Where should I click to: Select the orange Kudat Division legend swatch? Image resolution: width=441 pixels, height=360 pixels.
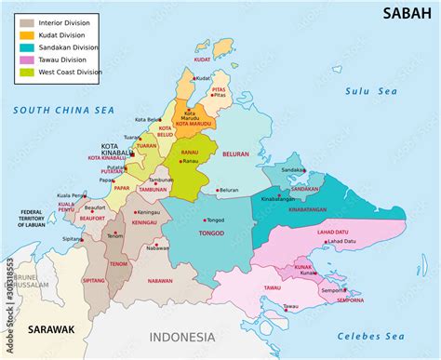coord(27,34)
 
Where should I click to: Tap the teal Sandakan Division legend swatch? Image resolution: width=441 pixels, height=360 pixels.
coord(27,47)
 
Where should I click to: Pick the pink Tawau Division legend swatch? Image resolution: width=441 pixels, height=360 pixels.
coord(27,60)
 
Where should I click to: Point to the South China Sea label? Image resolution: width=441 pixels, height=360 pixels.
coord(63,111)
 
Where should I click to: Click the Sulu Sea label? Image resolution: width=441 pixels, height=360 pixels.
coord(370,91)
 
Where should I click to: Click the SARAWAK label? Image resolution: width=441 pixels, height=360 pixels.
coord(50,329)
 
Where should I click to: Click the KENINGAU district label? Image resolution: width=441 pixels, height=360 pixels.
coord(143,223)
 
